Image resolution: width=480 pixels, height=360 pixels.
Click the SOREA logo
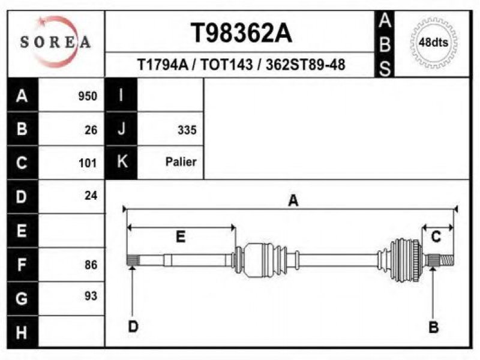55,42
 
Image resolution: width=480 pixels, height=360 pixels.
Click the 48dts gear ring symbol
433,43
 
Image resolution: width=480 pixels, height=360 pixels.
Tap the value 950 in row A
88,96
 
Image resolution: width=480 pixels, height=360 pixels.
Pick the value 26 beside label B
91,130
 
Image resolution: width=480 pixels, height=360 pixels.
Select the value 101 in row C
88,163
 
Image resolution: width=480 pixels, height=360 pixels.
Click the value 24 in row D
91,196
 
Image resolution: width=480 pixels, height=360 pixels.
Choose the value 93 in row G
91,296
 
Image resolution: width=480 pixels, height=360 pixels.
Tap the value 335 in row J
187,130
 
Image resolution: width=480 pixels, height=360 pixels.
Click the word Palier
181,162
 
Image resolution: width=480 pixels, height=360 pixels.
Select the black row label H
22,331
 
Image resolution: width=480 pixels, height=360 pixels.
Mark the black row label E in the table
22,230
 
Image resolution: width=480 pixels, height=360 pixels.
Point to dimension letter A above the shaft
293,201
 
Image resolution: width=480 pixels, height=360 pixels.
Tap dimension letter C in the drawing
436,236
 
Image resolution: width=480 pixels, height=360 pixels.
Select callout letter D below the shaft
133,326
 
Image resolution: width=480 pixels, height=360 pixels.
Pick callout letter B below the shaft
433,326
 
